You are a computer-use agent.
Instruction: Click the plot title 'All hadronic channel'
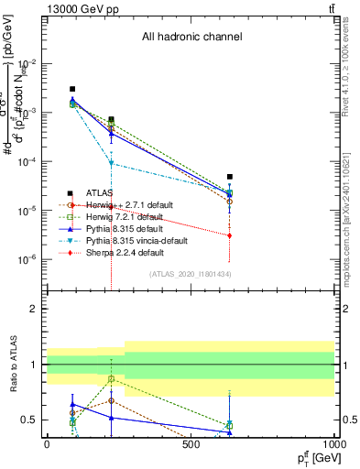191,38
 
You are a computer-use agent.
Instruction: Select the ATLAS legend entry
98,193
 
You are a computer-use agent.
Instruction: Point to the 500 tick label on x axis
191,443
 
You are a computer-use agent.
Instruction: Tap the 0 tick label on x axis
47,443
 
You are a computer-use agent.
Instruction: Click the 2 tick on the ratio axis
33,309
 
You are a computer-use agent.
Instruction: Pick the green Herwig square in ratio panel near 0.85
111,378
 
